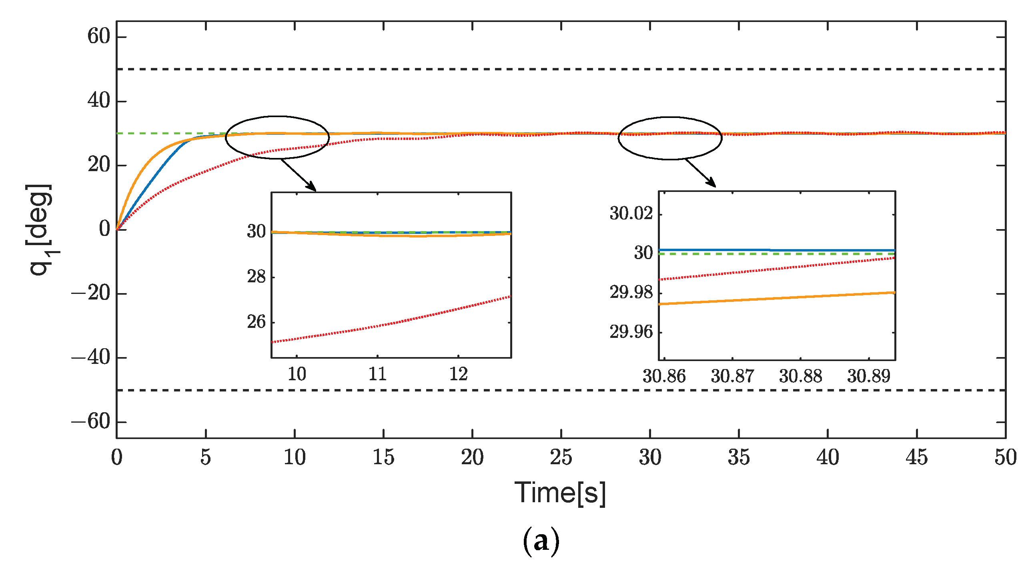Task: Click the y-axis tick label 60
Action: coord(98,37)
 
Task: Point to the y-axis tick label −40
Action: coord(91,357)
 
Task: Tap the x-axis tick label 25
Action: coord(561,457)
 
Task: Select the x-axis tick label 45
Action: coord(917,457)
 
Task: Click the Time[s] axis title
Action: coord(560,493)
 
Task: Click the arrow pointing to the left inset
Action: coord(299,175)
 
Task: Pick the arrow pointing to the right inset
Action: coord(700,173)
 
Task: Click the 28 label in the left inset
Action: coord(256,277)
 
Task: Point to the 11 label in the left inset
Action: coord(377,374)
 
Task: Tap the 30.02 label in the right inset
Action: coord(631,214)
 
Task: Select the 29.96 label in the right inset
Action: coord(631,332)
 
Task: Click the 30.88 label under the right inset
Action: coord(800,376)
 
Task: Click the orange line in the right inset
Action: coord(777,298)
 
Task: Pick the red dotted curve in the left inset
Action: coord(393,323)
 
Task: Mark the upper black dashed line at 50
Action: coord(561,69)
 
